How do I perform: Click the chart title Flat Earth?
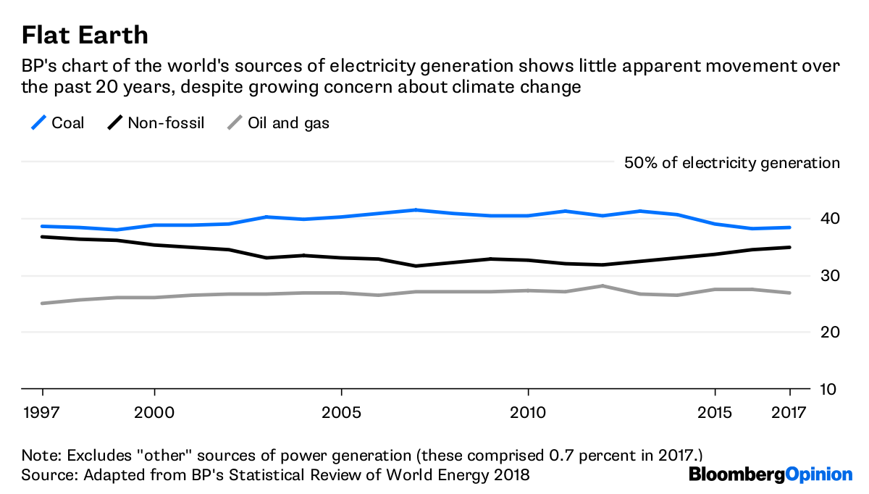(x=85, y=35)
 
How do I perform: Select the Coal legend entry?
(x=59, y=123)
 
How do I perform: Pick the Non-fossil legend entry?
(x=156, y=123)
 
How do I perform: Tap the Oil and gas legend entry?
(x=279, y=123)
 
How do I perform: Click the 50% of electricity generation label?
(x=731, y=163)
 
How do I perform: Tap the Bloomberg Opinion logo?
(x=771, y=475)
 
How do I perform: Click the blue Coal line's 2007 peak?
(x=416, y=210)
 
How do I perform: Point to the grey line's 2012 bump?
(x=603, y=286)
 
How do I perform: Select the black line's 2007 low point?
(x=416, y=266)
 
